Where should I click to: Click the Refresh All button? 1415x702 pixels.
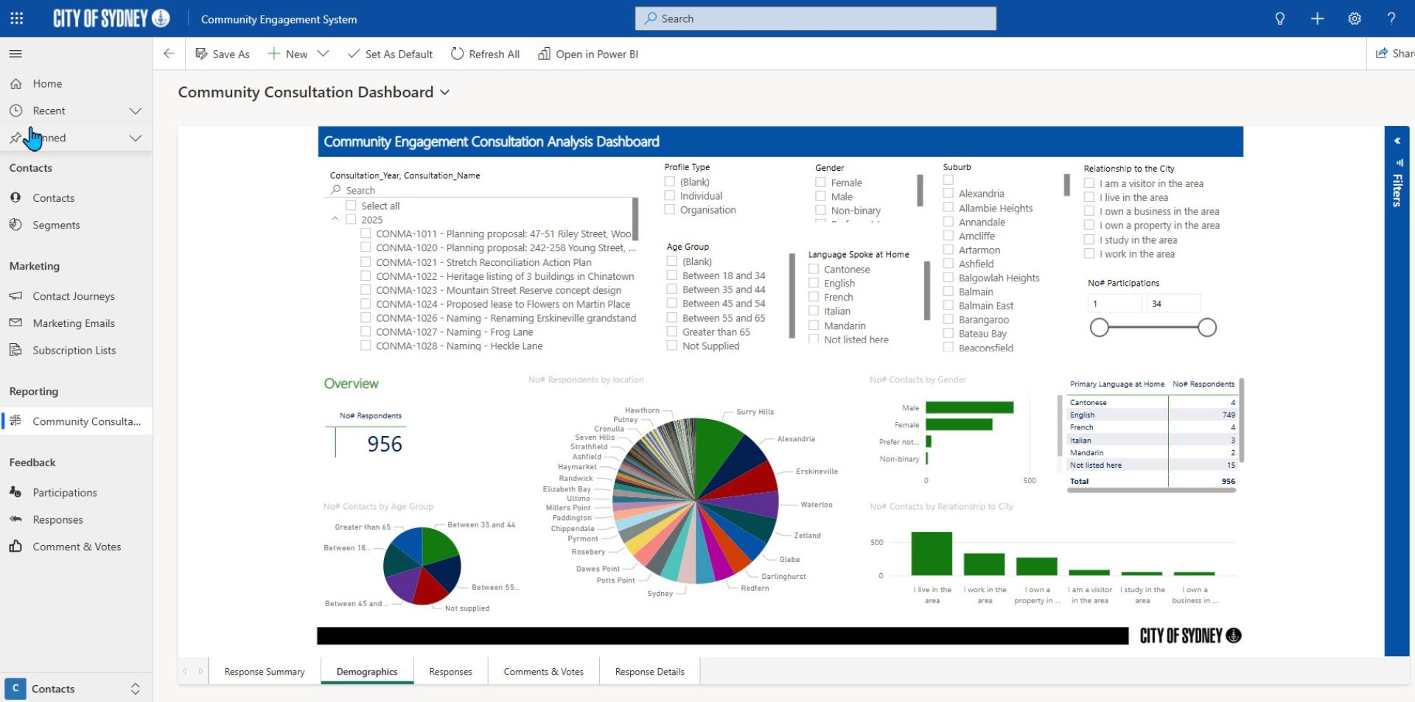tap(485, 54)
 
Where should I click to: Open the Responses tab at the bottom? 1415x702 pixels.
tap(450, 672)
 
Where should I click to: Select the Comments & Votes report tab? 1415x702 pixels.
tap(543, 672)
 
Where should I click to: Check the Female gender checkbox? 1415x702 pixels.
tap(820, 183)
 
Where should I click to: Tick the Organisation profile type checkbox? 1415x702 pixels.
tap(670, 210)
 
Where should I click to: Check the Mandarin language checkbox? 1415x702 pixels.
tap(814, 326)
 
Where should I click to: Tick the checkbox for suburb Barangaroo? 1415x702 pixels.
tap(948, 320)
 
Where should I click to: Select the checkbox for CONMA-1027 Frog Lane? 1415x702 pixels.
tap(366, 332)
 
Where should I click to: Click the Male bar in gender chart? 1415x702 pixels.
tap(969, 407)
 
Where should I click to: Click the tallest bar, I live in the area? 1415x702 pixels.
tap(932, 553)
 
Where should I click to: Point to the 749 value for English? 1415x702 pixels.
tap(1228, 415)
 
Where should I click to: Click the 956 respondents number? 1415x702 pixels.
tap(385, 444)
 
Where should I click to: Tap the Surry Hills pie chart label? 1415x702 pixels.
tap(755, 412)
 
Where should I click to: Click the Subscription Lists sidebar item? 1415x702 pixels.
tap(74, 351)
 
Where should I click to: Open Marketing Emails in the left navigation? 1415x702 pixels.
tap(73, 323)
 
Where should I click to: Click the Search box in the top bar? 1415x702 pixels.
tap(815, 19)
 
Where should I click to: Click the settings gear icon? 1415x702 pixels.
tap(1355, 19)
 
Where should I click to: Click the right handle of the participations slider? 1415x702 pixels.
tap(1207, 328)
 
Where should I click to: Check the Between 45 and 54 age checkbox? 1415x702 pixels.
tap(672, 303)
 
